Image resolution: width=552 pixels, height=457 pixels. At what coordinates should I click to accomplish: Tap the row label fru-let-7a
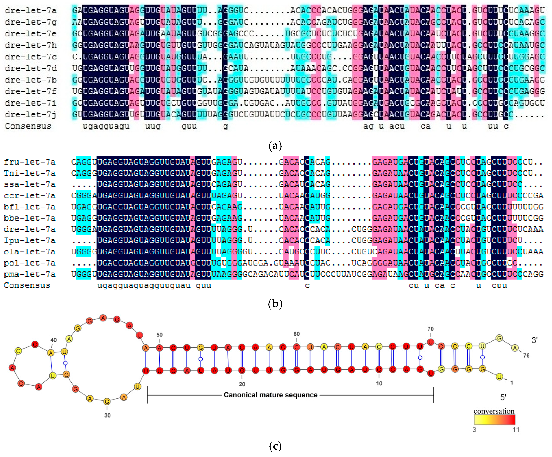(x=30, y=162)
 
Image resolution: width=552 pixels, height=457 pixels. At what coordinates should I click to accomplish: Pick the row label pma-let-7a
(x=30, y=274)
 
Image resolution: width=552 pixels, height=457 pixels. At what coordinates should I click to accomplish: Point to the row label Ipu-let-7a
(x=30, y=241)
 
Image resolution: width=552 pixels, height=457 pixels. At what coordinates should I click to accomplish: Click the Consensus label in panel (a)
(x=28, y=126)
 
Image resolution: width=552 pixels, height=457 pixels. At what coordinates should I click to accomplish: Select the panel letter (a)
(x=275, y=145)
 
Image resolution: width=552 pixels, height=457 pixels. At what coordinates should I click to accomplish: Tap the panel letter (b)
(x=275, y=304)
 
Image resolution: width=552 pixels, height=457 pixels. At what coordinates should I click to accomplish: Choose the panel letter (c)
(x=275, y=446)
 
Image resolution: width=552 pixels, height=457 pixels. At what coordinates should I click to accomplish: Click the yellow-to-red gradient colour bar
(x=494, y=420)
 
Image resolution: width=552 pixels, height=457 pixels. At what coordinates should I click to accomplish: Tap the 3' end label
(x=534, y=340)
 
